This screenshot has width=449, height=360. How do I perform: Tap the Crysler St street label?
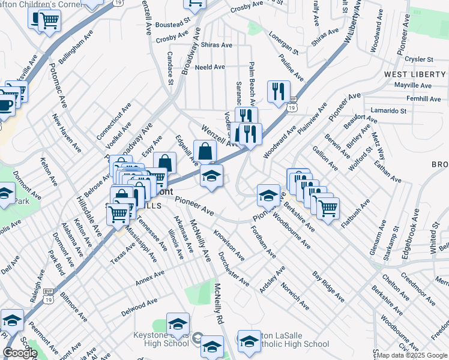pyautogui.click(x=420, y=59)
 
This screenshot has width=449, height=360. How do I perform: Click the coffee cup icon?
pyautogui.click(x=5, y=106)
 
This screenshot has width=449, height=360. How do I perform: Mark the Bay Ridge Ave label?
pyautogui.click(x=328, y=286)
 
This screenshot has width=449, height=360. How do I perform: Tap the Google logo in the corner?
pyautogui.click(x=20, y=353)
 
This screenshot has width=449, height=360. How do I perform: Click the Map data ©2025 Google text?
pyautogui.click(x=412, y=355)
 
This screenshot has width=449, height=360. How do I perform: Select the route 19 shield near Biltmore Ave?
pyautogui.click(x=47, y=292)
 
